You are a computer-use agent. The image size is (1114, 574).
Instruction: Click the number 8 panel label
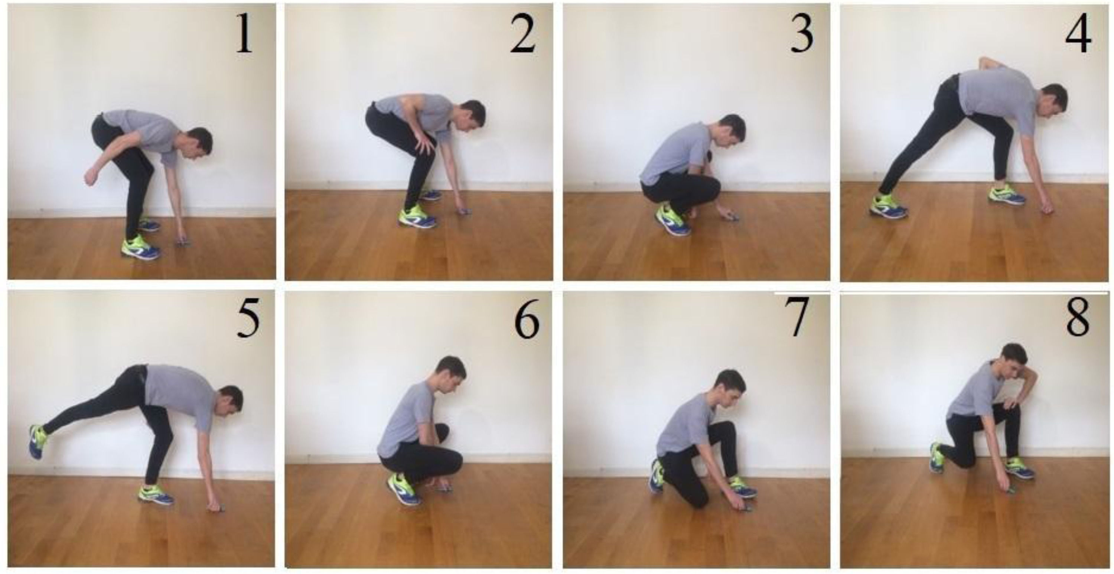[x=1078, y=320]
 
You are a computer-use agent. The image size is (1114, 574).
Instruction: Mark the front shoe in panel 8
[x=1019, y=469]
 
